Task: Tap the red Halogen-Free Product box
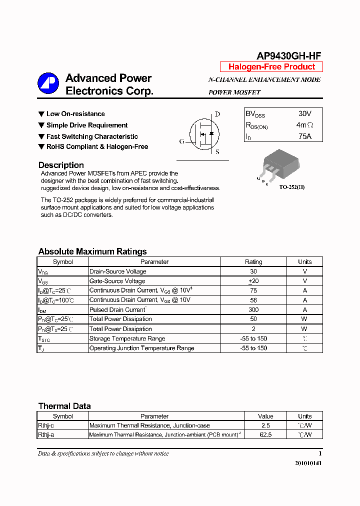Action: point(271,67)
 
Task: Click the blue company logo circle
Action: point(48,84)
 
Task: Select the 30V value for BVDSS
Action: point(304,114)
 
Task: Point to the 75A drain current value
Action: point(304,136)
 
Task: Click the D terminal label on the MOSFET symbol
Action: point(217,114)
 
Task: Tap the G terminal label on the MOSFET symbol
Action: point(181,141)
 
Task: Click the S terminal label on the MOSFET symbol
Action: point(217,152)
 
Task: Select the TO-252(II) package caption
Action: point(292,187)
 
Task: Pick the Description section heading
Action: point(61,165)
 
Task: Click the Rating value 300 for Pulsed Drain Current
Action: point(253,309)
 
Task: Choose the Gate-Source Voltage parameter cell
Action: point(117,281)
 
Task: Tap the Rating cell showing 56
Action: point(253,300)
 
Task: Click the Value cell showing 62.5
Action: point(265,435)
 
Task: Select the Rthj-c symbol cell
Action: point(46,425)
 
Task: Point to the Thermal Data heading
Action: point(64,406)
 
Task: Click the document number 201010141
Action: point(308,463)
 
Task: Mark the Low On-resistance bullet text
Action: point(75,114)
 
